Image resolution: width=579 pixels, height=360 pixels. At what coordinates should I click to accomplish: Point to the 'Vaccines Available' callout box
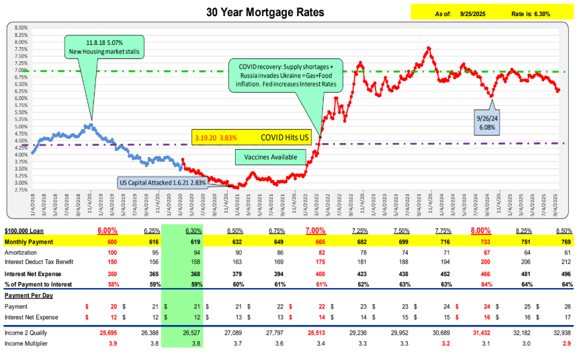pyautogui.click(x=266, y=157)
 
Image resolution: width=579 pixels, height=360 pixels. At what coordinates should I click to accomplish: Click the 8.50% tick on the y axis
pyautogui.click(x=20, y=28)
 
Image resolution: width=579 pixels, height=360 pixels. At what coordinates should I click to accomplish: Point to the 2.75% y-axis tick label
pyautogui.click(x=20, y=190)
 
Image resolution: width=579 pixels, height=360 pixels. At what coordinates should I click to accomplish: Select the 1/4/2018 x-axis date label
pyautogui.click(x=33, y=204)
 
